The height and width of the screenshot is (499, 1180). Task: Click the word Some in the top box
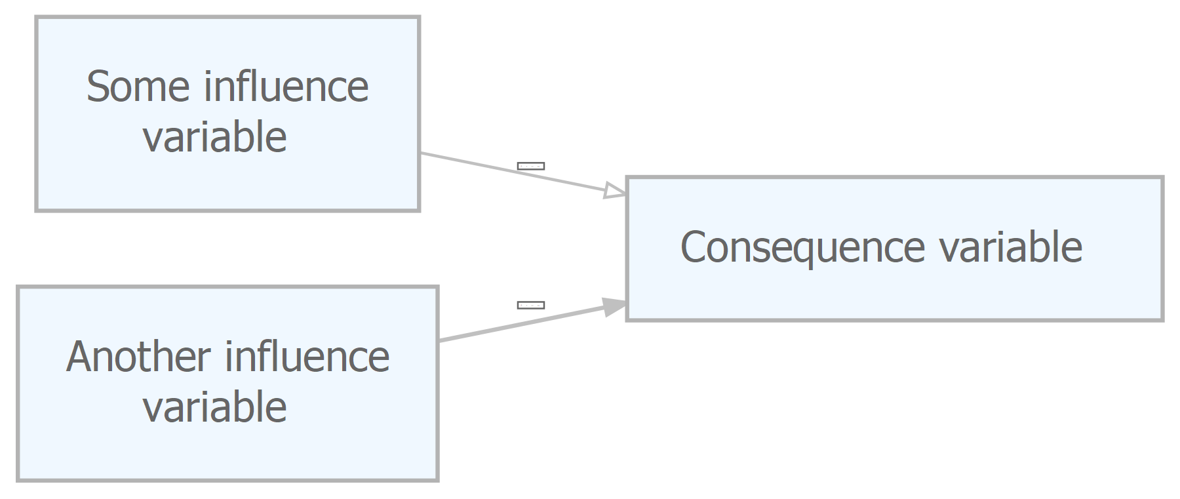point(138,87)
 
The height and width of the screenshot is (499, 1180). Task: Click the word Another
point(138,357)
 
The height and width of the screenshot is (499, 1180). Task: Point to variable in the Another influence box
point(215,407)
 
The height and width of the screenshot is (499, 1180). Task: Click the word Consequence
point(803,248)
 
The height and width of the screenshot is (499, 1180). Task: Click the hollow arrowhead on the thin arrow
point(615,191)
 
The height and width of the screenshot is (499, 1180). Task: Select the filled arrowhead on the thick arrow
point(615,307)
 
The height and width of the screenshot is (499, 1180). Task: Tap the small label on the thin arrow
point(531,166)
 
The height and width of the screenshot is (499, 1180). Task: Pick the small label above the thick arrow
point(531,305)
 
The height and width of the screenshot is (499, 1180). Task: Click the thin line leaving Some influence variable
point(512,172)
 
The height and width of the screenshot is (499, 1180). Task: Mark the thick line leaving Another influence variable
point(521,323)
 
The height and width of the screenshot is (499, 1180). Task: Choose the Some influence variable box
point(227,113)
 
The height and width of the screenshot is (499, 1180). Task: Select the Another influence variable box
point(227,384)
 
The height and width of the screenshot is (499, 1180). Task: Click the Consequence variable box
point(895,249)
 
